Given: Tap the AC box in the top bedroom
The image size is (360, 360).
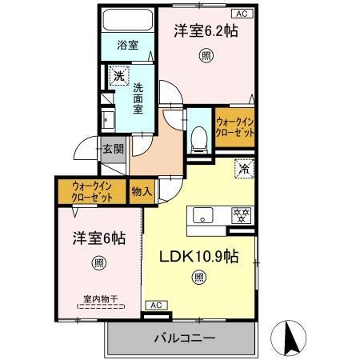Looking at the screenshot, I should pyautogui.click(x=240, y=14).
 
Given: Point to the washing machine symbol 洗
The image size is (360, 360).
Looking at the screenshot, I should pyautogui.click(x=118, y=78).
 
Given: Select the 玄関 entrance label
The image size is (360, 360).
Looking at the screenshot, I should pyautogui.click(x=113, y=148).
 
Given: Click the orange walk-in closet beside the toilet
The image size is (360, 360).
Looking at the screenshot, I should pyautogui.click(x=236, y=127).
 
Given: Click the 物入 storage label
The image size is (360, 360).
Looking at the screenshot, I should pyautogui.click(x=141, y=192).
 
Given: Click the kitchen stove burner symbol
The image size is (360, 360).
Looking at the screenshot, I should pyautogui.click(x=239, y=214).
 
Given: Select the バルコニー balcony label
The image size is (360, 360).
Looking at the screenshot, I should pyautogui.click(x=184, y=338).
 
